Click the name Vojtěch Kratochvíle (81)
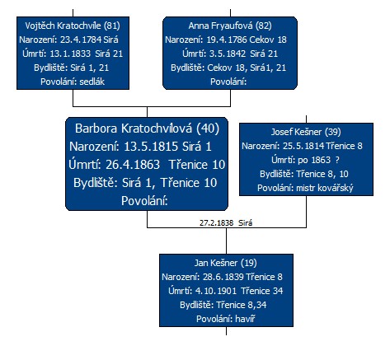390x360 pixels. point(73,26)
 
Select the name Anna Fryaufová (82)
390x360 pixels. point(230,26)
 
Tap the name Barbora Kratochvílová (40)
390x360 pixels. point(147,129)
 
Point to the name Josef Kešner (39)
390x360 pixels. point(306,132)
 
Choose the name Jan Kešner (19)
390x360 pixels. point(226,263)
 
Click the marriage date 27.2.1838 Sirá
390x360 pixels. point(226,222)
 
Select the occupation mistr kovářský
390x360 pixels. point(325,188)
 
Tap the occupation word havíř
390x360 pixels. point(245,319)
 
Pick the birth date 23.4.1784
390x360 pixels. point(81,40)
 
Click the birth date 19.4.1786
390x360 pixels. point(227,40)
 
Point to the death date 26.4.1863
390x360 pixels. point(133,165)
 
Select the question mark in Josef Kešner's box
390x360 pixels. point(337,160)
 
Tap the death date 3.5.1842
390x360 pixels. point(228,54)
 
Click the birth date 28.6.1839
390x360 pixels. point(223,277)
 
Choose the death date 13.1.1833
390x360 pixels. point(70,54)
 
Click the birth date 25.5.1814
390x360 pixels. point(303,146)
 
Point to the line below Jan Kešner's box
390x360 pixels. point(226,331)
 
